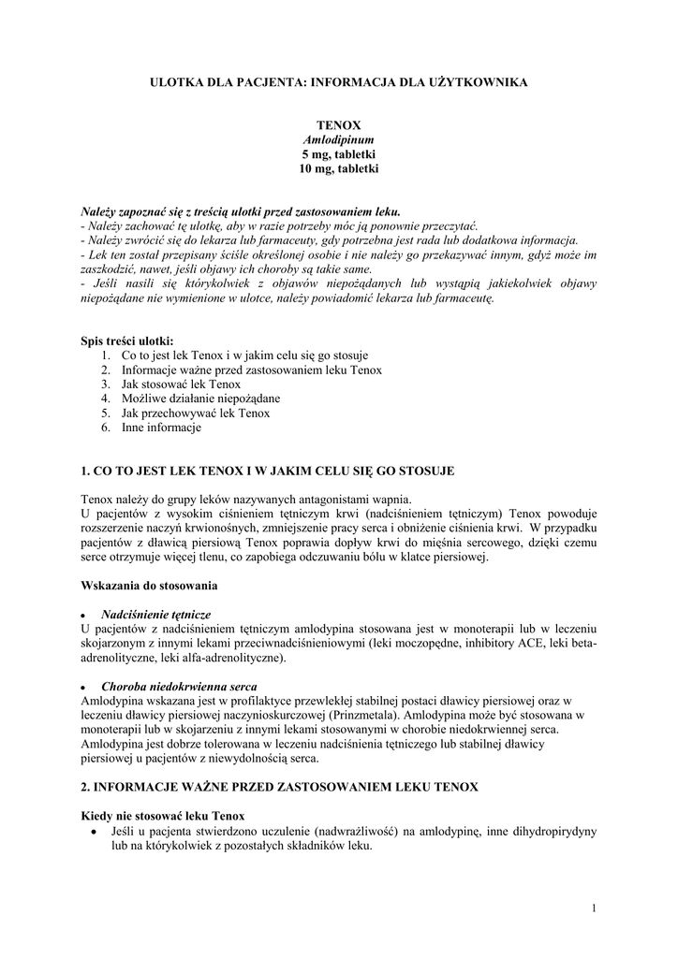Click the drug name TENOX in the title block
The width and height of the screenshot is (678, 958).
point(338,124)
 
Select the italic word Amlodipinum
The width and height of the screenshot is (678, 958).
point(338,139)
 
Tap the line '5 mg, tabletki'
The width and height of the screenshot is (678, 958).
point(338,154)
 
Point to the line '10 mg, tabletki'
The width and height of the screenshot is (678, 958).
point(338,169)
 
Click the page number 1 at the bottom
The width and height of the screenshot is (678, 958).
point(594,907)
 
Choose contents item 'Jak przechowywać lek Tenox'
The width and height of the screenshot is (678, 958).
point(195,413)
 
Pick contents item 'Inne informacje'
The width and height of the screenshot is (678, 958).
point(161,428)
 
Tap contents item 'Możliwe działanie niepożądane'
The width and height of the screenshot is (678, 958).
point(200,398)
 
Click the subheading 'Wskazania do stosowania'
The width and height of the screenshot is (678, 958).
point(149,586)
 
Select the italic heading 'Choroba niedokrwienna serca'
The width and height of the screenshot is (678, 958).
point(179,685)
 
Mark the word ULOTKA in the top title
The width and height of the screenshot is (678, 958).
point(175,83)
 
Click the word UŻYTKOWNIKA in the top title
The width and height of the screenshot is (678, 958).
point(481,83)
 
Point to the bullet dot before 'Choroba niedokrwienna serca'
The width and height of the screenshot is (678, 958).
point(86,686)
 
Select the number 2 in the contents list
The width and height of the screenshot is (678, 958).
point(107,370)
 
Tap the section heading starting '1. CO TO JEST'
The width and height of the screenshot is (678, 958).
point(268,471)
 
